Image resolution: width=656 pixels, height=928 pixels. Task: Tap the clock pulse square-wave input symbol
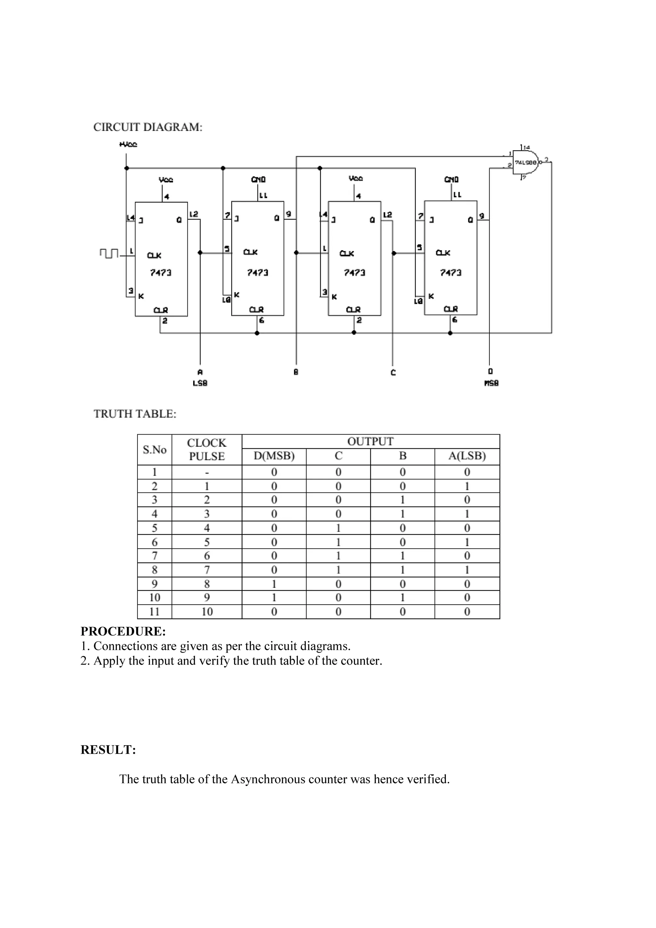click(108, 253)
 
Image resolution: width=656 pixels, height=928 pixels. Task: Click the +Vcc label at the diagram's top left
click(128, 144)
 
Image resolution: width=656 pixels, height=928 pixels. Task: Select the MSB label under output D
click(491, 383)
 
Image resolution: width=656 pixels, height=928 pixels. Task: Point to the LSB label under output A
click(200, 383)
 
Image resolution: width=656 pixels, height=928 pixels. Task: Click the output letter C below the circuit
click(393, 372)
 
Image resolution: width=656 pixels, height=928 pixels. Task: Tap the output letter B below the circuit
click(296, 372)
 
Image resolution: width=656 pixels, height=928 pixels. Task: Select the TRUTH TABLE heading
click(135, 414)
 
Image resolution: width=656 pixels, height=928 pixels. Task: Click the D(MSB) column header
click(274, 456)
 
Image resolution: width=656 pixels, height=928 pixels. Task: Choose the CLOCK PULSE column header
click(207, 450)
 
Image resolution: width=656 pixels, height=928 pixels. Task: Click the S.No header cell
click(154, 450)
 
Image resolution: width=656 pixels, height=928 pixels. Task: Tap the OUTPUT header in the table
click(370, 441)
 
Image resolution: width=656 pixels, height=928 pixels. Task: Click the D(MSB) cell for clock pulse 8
click(274, 584)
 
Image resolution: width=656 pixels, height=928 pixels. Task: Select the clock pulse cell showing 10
click(207, 612)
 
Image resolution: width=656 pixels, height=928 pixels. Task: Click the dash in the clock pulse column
click(207, 472)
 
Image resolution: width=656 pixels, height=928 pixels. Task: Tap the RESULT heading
click(108, 749)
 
